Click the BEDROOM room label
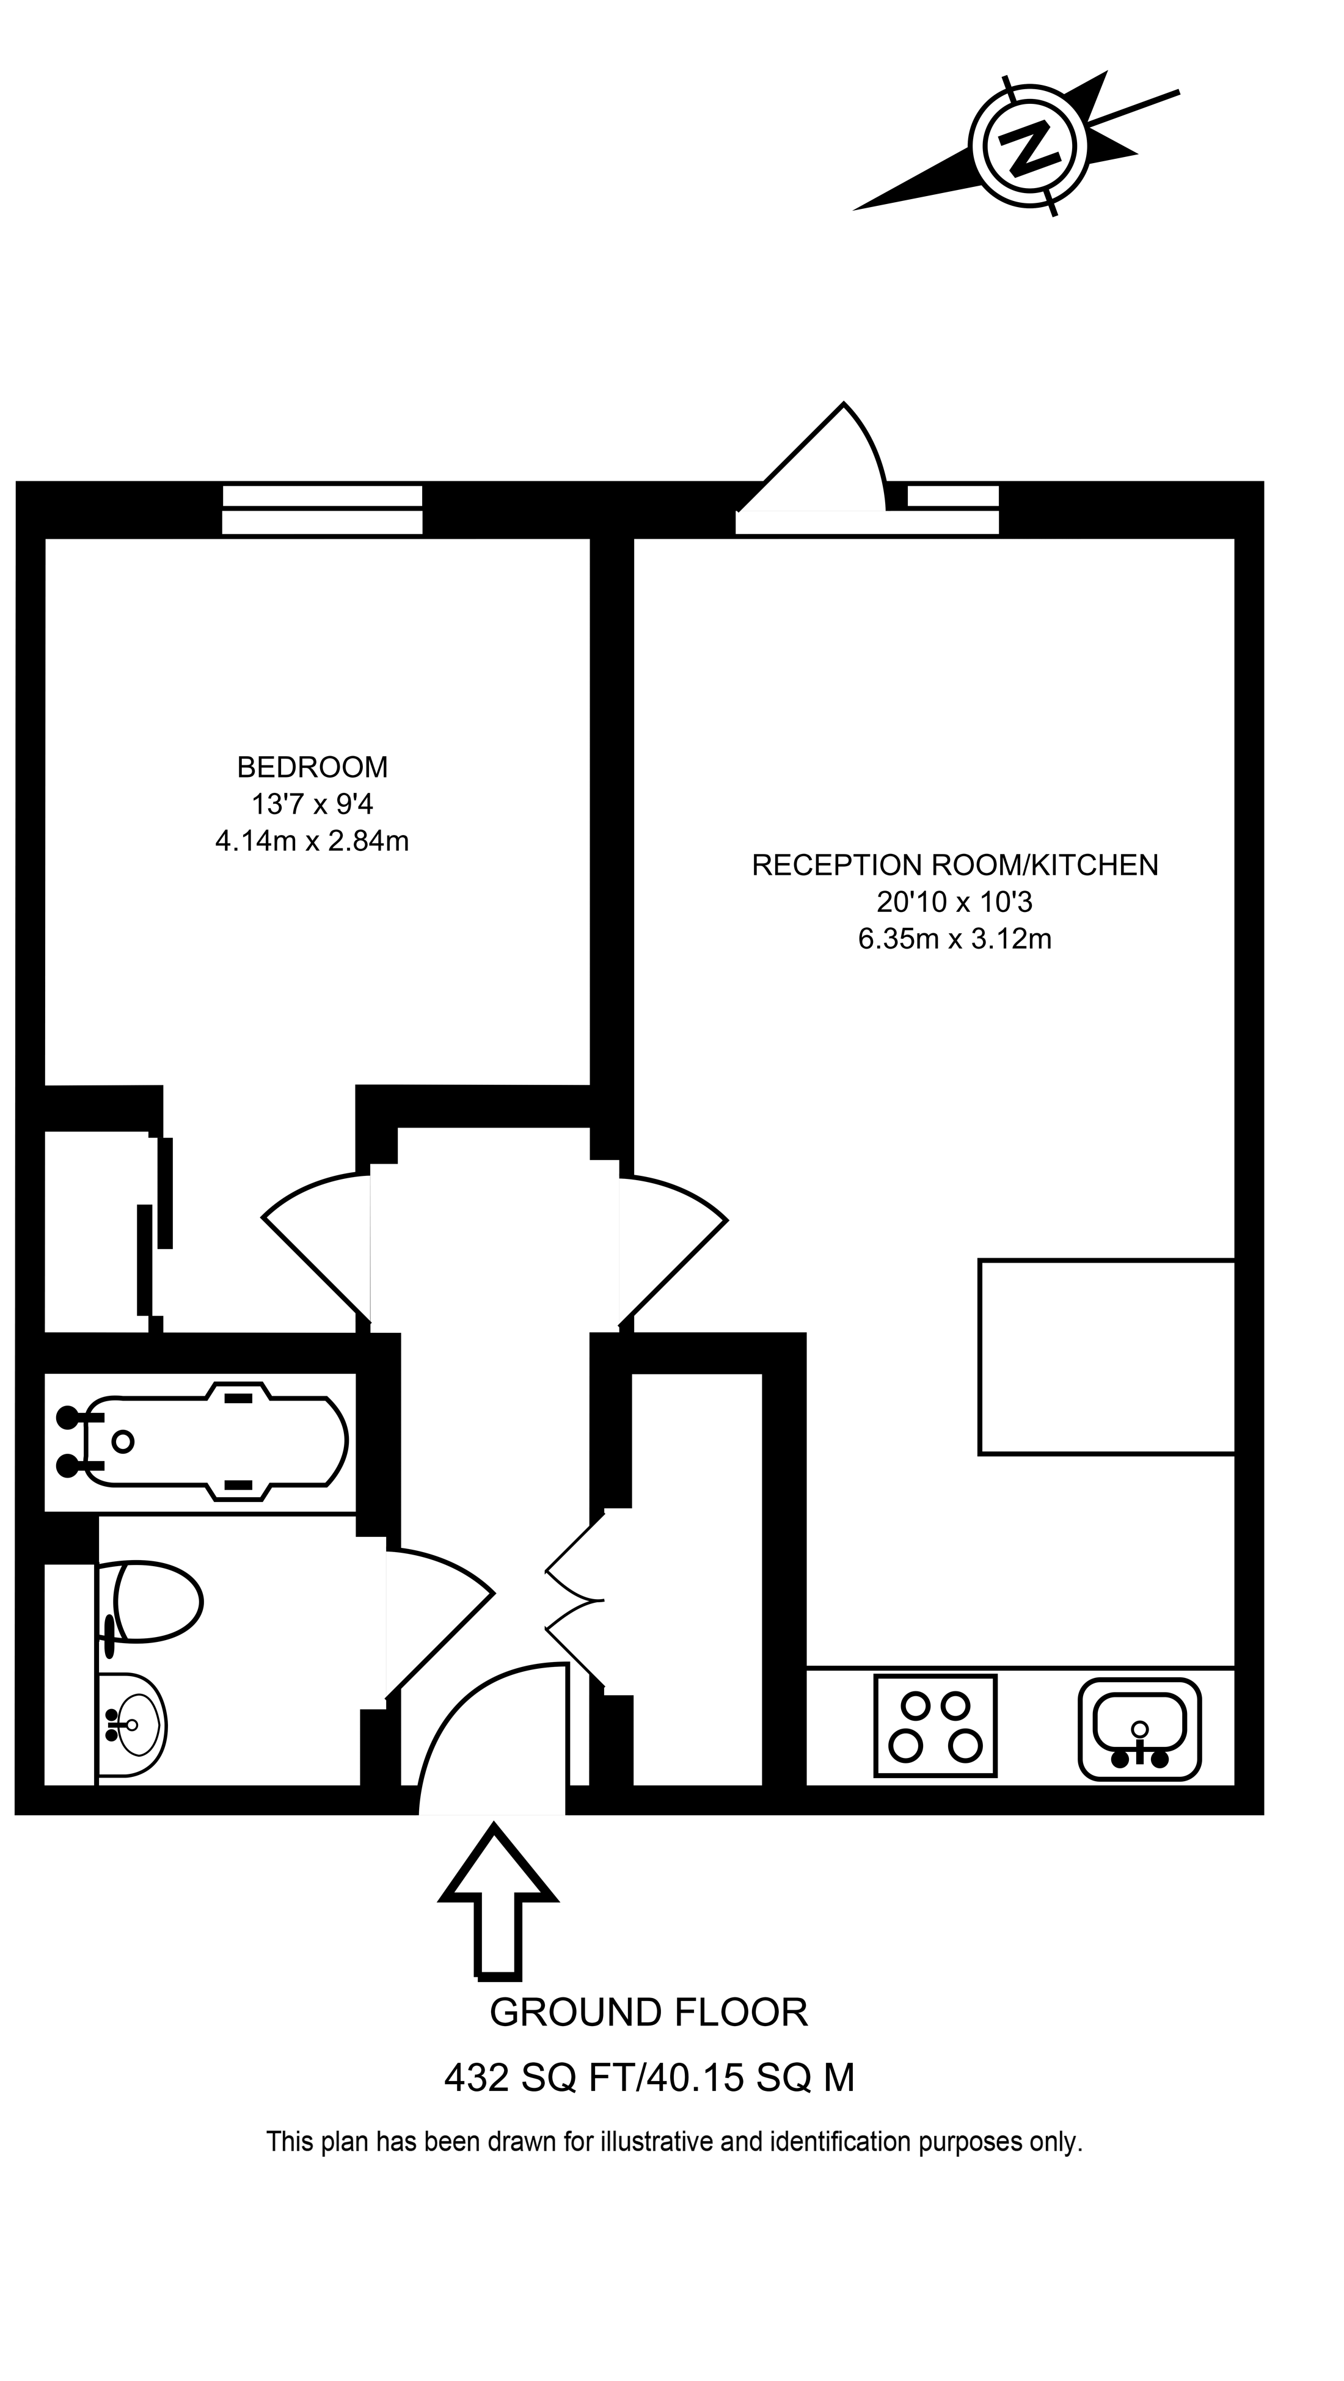[312, 766]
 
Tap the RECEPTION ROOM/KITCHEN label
[955, 865]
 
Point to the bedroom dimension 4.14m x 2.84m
[312, 841]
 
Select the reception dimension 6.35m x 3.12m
[955, 939]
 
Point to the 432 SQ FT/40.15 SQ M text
[649, 2079]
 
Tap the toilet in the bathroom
[153, 1601]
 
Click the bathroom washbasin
[134, 1725]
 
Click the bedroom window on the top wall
[322, 509]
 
